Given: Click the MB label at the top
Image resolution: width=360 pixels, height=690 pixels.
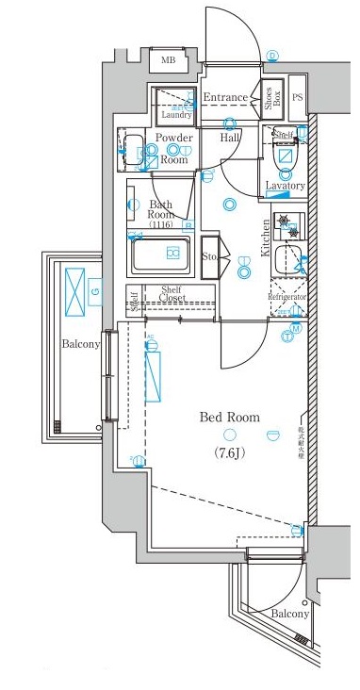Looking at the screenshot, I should coord(168,61).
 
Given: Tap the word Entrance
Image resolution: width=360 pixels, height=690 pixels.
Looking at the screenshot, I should coord(224,97).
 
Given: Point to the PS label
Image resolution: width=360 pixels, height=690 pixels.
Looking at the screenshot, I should coord(298,97).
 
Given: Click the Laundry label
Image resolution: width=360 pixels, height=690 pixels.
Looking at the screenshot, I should coord(176,115).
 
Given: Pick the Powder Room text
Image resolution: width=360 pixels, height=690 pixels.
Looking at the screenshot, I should coord(173,148).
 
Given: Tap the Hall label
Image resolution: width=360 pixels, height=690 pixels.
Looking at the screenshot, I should coord(229,139).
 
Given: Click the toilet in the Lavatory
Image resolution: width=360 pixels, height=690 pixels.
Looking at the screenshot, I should coord(286,157).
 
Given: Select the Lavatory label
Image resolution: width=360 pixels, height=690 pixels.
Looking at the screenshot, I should coord(285,186).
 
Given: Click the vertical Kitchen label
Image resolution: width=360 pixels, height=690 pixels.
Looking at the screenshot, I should coord(267,237).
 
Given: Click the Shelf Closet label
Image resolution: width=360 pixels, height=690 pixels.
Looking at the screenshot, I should coord(172,294).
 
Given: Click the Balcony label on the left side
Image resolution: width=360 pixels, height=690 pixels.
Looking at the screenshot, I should coord(81,344).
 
